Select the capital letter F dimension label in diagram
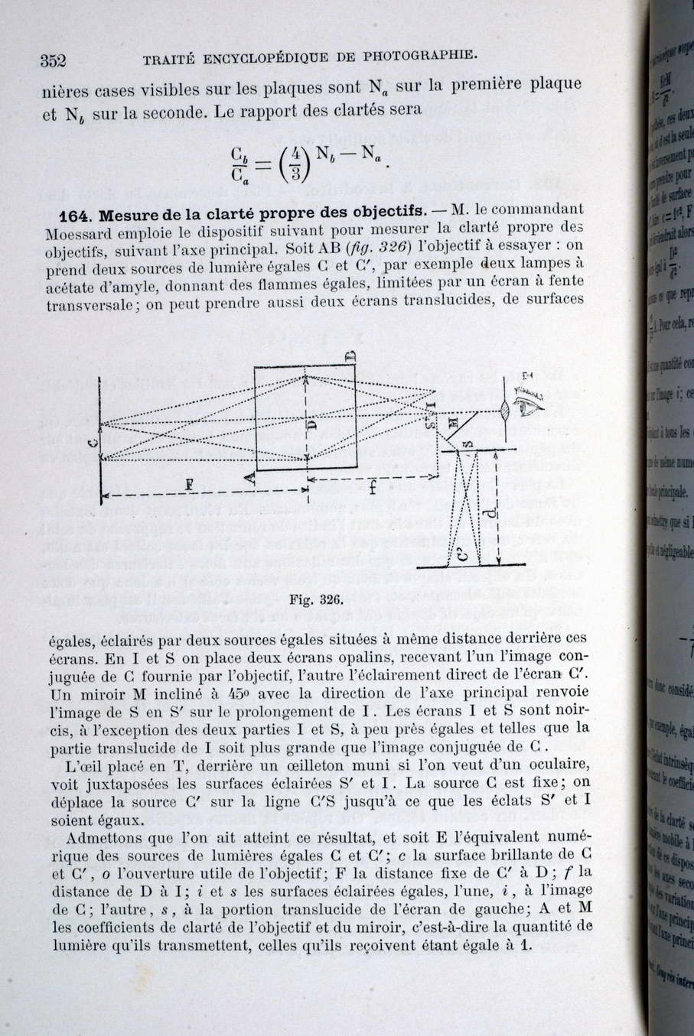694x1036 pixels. click(x=189, y=483)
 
